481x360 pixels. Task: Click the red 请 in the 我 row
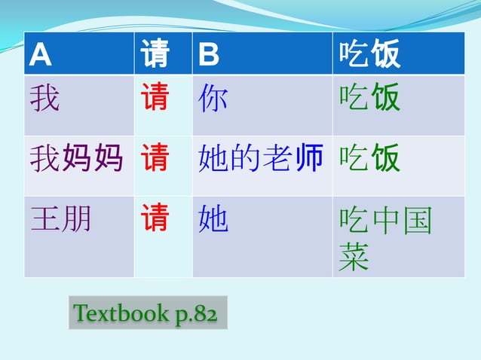155,98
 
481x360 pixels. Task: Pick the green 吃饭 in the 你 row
369,98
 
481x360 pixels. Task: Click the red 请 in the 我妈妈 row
155,159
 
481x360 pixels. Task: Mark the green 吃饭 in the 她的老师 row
369,159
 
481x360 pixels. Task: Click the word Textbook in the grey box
122,313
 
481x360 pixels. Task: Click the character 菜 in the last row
354,258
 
